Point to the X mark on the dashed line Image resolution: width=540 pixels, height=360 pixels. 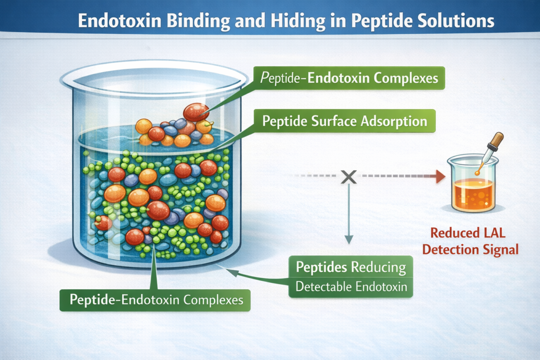coord(348,176)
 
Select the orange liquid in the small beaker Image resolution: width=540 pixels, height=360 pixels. coord(473,194)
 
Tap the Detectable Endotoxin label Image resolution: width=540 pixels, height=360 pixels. coord(351,286)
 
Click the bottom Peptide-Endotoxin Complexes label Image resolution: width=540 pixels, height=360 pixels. coord(155,299)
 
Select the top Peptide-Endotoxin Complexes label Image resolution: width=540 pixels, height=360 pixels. coord(349,78)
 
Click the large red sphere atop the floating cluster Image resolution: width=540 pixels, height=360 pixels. coord(196,112)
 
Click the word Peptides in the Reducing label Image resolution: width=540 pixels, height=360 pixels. coord(321,267)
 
